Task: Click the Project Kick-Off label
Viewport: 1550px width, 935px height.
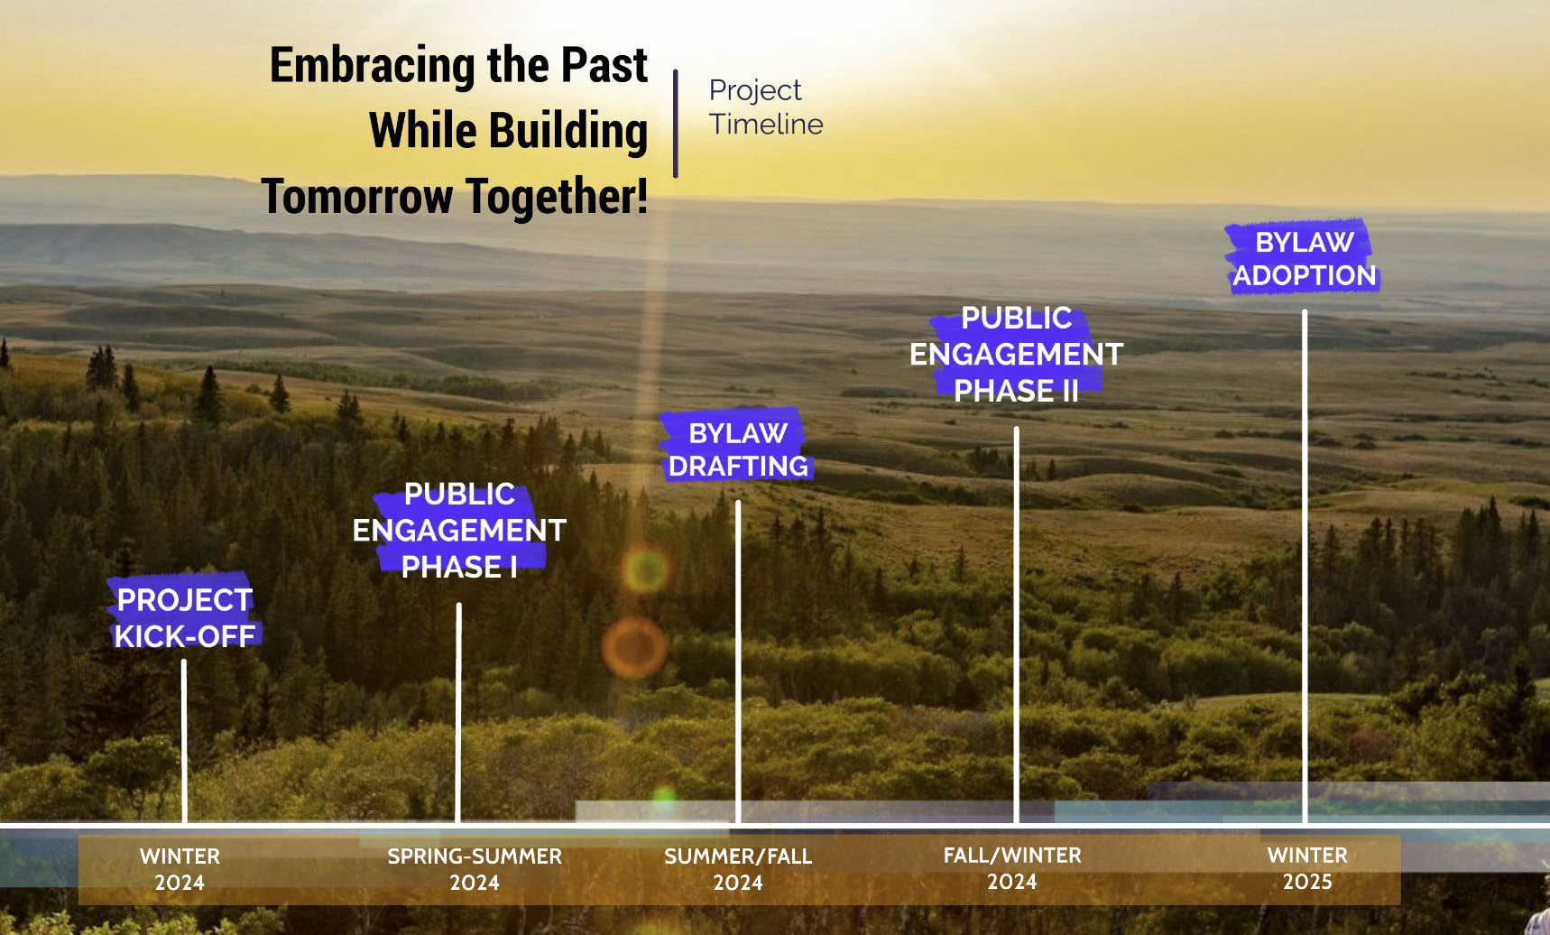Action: (x=184, y=618)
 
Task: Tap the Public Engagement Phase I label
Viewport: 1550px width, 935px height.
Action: (x=459, y=531)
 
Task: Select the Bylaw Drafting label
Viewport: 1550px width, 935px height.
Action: (x=738, y=449)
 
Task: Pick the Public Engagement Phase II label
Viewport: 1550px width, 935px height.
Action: (x=1016, y=355)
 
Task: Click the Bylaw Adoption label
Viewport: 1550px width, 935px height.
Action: (x=1304, y=258)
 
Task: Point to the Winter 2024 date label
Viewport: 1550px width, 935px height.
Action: (x=180, y=869)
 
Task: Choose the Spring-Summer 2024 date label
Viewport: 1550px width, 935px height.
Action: (x=475, y=869)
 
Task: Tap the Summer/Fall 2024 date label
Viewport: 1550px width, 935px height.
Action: (x=738, y=869)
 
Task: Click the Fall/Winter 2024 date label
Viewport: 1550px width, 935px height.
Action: (x=1012, y=868)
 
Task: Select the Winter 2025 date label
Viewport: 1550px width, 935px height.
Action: (x=1307, y=868)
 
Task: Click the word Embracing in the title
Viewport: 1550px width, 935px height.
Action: (x=374, y=67)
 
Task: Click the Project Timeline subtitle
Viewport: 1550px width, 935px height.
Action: (x=765, y=107)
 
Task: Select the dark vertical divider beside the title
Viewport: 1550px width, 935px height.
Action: (x=675, y=123)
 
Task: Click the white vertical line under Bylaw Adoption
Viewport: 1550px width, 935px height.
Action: (x=1304, y=566)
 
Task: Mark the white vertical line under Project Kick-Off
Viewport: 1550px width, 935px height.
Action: (x=184, y=741)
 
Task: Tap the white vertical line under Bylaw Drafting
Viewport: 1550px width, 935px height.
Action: (x=738, y=662)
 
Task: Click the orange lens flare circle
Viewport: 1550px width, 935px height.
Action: (x=634, y=647)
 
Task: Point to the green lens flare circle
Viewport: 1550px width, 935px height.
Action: (x=645, y=569)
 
